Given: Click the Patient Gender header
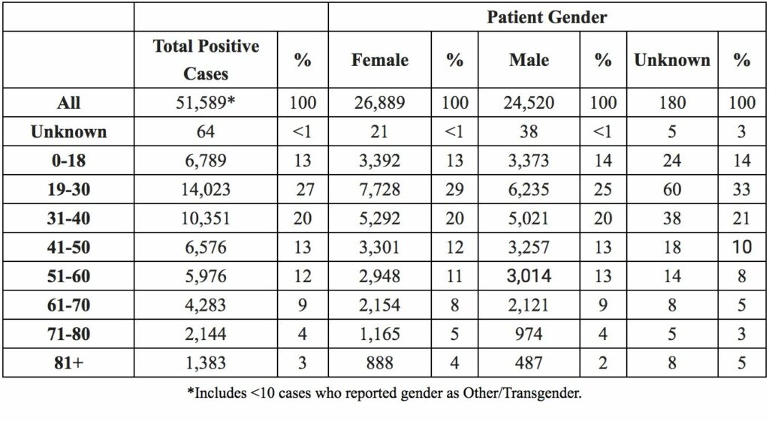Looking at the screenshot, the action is [x=547, y=17].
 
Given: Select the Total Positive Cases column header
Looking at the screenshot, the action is [x=206, y=60].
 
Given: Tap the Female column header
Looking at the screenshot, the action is [x=379, y=60].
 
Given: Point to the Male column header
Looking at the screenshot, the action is [x=529, y=60].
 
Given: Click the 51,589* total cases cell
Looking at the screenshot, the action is [x=206, y=102].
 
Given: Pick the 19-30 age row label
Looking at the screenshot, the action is [x=68, y=189].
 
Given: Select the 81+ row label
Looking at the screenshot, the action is [x=68, y=362].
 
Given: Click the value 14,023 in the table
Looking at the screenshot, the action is [x=206, y=189].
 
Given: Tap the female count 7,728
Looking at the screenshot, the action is [x=379, y=189].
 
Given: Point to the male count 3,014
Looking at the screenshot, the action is [x=529, y=276].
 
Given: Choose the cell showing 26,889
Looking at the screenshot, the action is [x=379, y=102].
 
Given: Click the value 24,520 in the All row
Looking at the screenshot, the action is [x=529, y=102].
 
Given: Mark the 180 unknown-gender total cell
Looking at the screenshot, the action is [x=672, y=102].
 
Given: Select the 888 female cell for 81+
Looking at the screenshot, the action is [x=379, y=362].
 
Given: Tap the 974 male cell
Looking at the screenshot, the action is [x=529, y=334].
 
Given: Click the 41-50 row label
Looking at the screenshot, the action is [x=68, y=247].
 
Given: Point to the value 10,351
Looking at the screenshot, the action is [x=206, y=218].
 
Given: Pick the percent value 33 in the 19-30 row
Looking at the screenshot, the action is [x=741, y=189].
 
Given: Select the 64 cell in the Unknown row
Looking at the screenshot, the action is [x=206, y=131].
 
